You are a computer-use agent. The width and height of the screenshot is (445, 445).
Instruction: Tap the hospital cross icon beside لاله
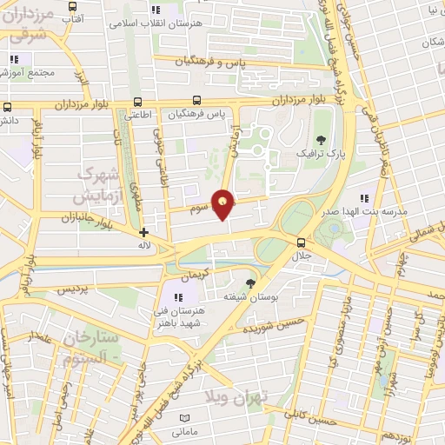(x=144, y=232)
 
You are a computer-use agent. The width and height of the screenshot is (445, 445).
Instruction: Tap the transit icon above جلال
(x=302, y=242)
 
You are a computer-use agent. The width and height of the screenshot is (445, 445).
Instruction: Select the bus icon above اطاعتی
(x=139, y=101)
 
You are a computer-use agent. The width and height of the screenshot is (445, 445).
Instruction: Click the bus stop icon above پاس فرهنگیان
(x=198, y=101)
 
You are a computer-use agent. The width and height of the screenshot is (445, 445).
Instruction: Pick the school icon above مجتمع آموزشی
(x=14, y=60)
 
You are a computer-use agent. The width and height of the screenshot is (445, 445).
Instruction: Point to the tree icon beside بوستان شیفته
(x=251, y=283)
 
